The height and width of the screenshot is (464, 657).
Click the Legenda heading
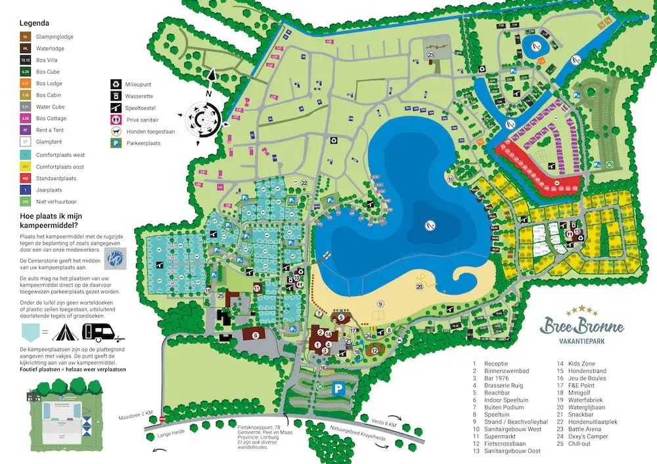point(35,23)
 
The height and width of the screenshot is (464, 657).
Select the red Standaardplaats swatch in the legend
point(26,178)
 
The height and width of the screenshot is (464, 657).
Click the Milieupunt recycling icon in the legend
point(115,83)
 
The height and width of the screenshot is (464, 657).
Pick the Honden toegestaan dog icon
point(116,131)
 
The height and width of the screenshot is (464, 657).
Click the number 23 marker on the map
point(431,55)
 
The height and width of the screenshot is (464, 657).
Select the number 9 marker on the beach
point(380,304)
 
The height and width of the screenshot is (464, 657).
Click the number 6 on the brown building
point(253,335)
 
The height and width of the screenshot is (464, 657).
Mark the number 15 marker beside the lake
point(451,179)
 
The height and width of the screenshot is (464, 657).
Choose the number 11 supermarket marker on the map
point(257,288)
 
